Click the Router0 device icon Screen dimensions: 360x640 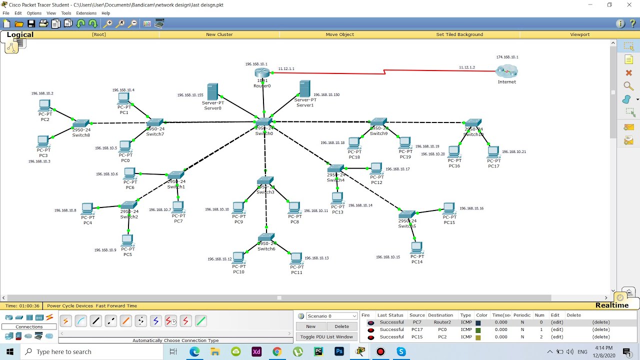(262, 73)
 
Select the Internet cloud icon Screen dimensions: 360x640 (507, 71)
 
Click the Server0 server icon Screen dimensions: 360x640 (212, 92)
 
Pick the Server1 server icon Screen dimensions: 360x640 (304, 89)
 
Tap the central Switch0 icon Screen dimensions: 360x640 (263, 122)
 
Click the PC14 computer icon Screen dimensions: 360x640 (416, 247)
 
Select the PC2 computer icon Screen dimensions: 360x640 (44, 105)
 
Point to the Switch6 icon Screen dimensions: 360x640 (266, 237)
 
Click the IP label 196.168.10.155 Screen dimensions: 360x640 (190, 95)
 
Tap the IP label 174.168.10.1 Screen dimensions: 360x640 (507, 57)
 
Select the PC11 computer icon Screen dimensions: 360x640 (296, 258)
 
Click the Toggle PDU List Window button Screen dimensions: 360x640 (326, 337)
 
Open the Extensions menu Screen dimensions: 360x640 (86, 13)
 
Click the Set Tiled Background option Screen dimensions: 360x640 (459, 34)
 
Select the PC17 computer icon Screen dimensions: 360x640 (493, 151)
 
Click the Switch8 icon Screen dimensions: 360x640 (80, 123)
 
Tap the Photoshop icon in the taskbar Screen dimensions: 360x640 (339, 351)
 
